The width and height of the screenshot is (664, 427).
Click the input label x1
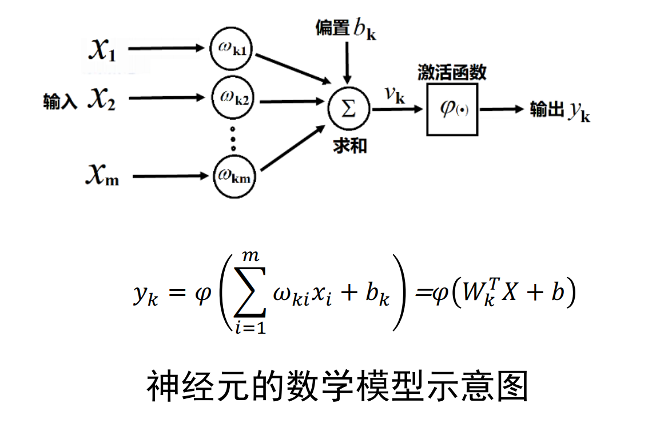[102, 50]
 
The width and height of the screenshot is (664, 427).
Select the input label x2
[101, 100]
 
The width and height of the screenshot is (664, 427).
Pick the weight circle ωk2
[232, 99]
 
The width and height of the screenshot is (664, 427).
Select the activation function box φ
[452, 109]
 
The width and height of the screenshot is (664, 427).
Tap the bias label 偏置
[332, 27]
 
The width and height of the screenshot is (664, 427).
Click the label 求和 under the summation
[349, 146]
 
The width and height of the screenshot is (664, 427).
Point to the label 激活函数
[452, 72]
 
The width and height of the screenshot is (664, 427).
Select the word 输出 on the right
[547, 109]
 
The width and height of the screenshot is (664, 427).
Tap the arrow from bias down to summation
[347, 63]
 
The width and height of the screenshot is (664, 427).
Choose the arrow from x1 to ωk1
[166, 49]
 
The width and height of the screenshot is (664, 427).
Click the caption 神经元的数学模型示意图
[337, 388]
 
